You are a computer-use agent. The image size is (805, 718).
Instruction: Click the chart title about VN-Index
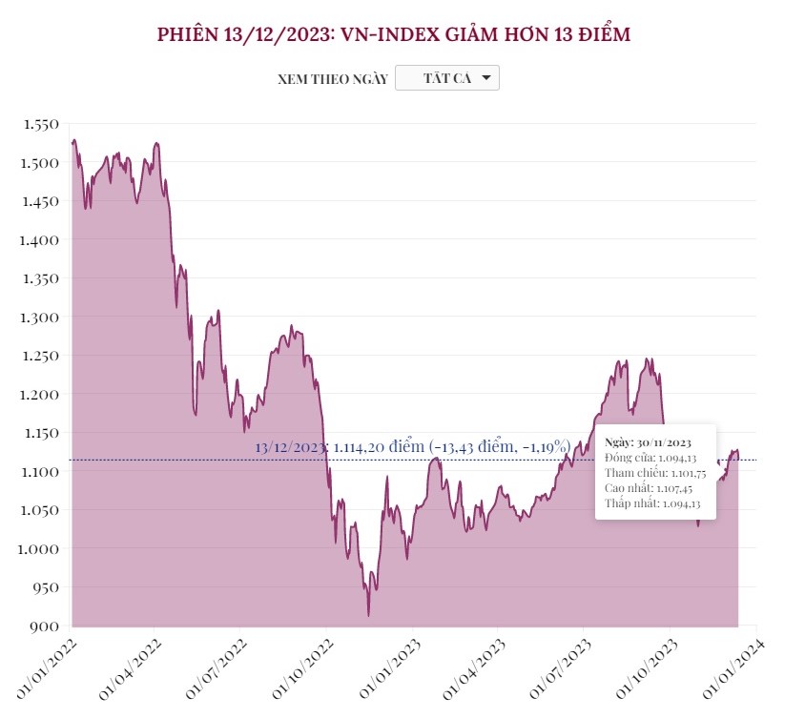(x=394, y=35)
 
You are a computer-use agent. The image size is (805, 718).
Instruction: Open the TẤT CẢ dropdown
(x=446, y=78)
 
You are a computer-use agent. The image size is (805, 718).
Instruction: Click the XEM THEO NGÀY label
(x=332, y=79)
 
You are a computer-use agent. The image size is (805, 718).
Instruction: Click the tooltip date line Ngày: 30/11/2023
(x=649, y=442)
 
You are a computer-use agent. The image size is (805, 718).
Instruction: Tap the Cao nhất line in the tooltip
(x=649, y=488)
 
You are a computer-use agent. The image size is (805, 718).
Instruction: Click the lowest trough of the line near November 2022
(x=368, y=615)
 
